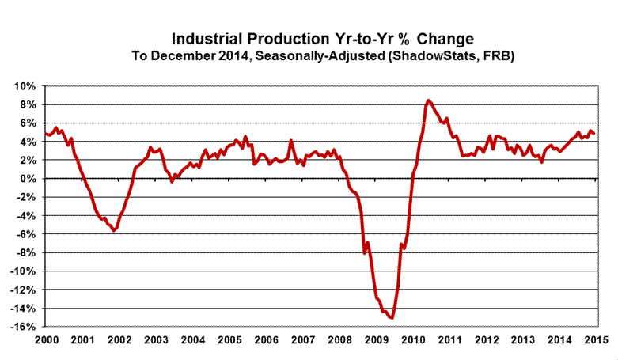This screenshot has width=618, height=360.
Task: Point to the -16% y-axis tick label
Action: tap(23, 327)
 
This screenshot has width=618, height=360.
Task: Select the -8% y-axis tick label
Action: tap(25, 253)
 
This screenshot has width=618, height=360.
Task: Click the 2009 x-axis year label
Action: tap(376, 339)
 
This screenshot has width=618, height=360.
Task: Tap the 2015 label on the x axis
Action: tap(595, 339)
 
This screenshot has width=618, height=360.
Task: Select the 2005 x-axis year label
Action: tap(229, 339)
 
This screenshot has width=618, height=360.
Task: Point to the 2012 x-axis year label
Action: tap(485, 339)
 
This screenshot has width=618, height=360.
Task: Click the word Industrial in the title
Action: tap(207, 38)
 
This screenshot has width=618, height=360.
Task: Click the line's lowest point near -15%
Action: tap(392, 317)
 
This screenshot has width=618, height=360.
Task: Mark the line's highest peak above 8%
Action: tap(428, 100)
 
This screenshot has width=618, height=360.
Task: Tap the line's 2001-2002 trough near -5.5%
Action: tap(115, 230)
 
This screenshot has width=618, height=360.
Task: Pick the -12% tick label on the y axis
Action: tap(23, 290)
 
